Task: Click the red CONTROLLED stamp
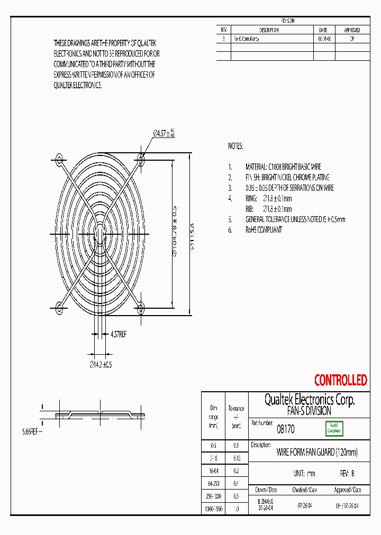(340, 380)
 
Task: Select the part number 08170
(286, 430)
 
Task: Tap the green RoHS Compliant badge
(334, 428)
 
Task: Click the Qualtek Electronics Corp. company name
(309, 400)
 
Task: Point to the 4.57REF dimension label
(118, 334)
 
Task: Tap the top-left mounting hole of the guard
(59, 159)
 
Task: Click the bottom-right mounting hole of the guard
(140, 307)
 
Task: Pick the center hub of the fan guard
(99, 233)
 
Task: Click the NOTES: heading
(235, 146)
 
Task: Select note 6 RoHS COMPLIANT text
(264, 229)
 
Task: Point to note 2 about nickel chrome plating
(287, 177)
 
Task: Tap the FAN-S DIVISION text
(309, 410)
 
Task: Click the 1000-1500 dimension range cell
(214, 509)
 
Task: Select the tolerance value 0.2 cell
(236, 470)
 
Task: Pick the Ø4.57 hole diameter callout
(164, 133)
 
